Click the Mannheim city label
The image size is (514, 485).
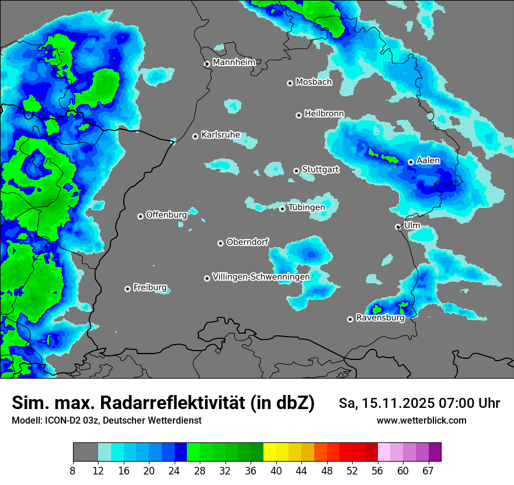(x=234, y=62)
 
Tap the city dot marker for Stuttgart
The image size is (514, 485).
(x=297, y=171)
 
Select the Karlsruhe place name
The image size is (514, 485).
(x=221, y=135)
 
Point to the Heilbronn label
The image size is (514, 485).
(x=324, y=113)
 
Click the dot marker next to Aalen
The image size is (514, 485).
(x=411, y=162)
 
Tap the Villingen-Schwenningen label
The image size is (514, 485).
(x=261, y=276)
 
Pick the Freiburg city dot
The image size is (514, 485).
(x=127, y=289)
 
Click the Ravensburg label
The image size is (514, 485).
(x=380, y=318)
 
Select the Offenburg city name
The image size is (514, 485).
(x=166, y=214)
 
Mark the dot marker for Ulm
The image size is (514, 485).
(x=398, y=227)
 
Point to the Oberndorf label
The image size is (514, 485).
(x=248, y=241)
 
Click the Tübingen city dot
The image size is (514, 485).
(x=283, y=209)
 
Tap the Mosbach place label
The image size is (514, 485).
(x=314, y=82)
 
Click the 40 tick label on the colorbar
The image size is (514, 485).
(x=276, y=471)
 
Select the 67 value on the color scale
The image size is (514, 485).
(x=428, y=471)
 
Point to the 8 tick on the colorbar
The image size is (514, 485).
(x=73, y=471)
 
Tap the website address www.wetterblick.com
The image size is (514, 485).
(x=421, y=420)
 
